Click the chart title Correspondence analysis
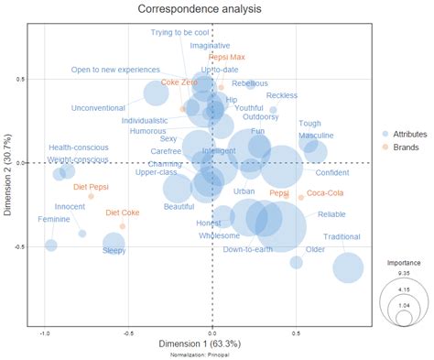[x=199, y=9]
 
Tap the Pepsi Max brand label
[x=226, y=57]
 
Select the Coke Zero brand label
[x=179, y=82]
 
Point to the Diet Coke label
[x=123, y=213]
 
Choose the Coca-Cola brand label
[x=325, y=192]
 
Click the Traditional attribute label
[x=342, y=236]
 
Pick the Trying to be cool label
[x=180, y=32]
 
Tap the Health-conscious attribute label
[x=80, y=147]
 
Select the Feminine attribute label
[x=54, y=219]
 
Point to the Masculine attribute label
[x=316, y=136]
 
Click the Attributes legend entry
[x=408, y=134]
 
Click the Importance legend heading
[x=403, y=262]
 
